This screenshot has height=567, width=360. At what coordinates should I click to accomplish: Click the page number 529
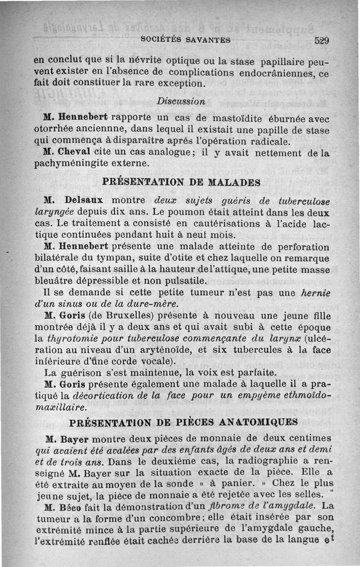(323, 40)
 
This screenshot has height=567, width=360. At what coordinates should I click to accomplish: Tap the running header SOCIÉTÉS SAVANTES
(185, 39)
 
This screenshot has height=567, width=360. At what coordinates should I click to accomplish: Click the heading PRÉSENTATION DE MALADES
(181, 183)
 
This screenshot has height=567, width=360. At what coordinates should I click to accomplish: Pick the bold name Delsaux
(85, 199)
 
